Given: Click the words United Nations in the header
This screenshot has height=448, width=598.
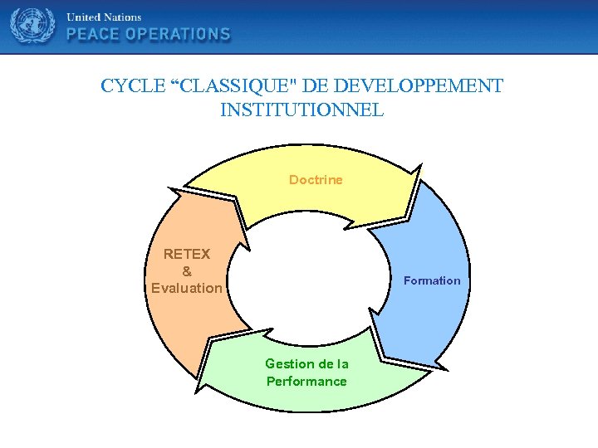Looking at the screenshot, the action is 104,17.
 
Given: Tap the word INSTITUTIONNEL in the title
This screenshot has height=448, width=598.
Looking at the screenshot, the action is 302,110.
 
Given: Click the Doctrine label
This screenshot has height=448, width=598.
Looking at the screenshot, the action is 316,180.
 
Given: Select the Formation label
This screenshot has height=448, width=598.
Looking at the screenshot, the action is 432,280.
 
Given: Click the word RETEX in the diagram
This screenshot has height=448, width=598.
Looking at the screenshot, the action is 187,254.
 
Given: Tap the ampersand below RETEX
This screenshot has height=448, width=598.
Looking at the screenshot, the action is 186,271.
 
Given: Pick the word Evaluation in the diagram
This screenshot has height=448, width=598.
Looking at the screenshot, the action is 187,289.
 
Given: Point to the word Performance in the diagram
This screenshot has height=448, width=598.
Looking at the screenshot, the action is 306,382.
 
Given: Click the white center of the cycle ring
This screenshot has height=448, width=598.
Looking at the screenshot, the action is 307,274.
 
